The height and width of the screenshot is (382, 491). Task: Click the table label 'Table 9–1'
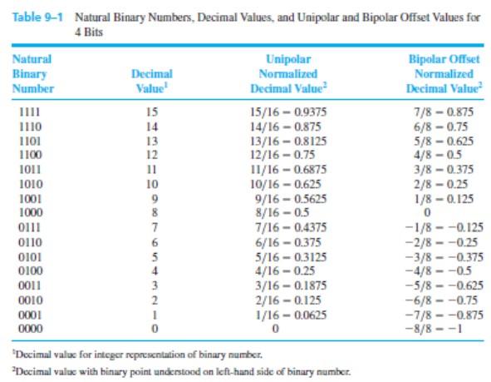click(37, 17)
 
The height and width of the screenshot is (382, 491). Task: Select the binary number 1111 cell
click(29, 112)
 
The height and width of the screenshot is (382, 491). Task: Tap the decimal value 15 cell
click(152, 112)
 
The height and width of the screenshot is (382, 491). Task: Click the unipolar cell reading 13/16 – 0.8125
click(288, 141)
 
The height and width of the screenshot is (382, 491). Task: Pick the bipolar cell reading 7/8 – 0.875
click(444, 112)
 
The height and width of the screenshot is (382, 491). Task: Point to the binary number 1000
click(31, 213)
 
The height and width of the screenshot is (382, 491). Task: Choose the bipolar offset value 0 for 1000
click(427, 213)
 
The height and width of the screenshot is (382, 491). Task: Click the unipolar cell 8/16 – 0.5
click(282, 213)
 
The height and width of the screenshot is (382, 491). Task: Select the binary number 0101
click(30, 257)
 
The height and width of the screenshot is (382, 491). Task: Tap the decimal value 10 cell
click(152, 184)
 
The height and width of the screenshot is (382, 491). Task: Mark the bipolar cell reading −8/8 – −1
click(434, 329)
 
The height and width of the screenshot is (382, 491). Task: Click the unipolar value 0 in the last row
click(275, 329)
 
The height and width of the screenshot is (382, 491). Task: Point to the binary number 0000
click(31, 329)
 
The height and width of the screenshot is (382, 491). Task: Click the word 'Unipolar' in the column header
click(288, 59)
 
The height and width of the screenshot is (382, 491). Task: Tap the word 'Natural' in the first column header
click(32, 59)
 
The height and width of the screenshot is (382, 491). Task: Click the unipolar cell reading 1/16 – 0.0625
click(291, 315)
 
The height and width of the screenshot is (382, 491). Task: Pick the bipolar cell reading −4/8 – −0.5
click(438, 270)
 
